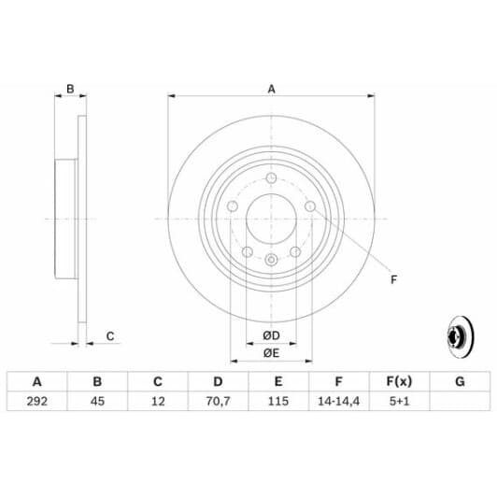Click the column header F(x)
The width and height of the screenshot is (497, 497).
click(x=398, y=381)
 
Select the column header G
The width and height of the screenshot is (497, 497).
click(x=459, y=381)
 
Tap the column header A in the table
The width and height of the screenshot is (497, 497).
click(x=37, y=381)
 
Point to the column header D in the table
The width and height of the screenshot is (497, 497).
click(x=218, y=381)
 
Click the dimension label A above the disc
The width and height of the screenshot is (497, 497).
click(x=271, y=89)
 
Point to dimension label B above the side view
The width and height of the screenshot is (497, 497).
click(x=69, y=90)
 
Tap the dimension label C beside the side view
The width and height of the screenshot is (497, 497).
click(x=109, y=335)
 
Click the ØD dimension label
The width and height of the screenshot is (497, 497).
click(x=270, y=334)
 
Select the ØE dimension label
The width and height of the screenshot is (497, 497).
click(x=270, y=352)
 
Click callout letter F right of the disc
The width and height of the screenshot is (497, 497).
click(x=393, y=278)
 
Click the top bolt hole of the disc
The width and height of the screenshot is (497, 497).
click(x=271, y=178)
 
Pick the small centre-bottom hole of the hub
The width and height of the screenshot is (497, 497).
click(x=271, y=260)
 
